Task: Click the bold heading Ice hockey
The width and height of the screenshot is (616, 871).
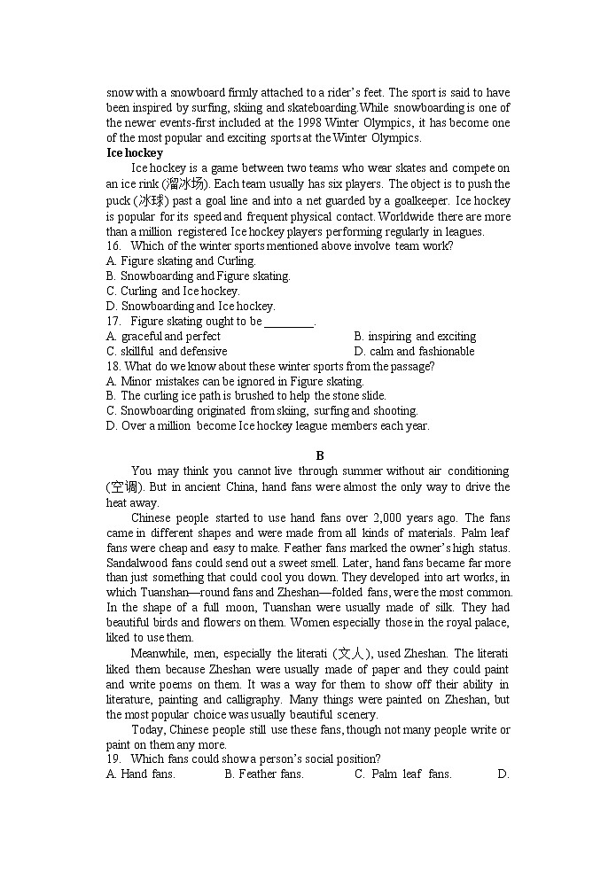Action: pos(135,152)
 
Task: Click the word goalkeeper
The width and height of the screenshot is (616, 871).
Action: pos(416,200)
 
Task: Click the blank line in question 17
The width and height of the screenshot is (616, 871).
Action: pos(289,322)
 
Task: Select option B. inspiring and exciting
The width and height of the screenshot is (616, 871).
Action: pos(415,337)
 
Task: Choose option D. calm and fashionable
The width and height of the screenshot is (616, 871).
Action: pos(414,352)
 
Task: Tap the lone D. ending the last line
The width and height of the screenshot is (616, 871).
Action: pos(503,774)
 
